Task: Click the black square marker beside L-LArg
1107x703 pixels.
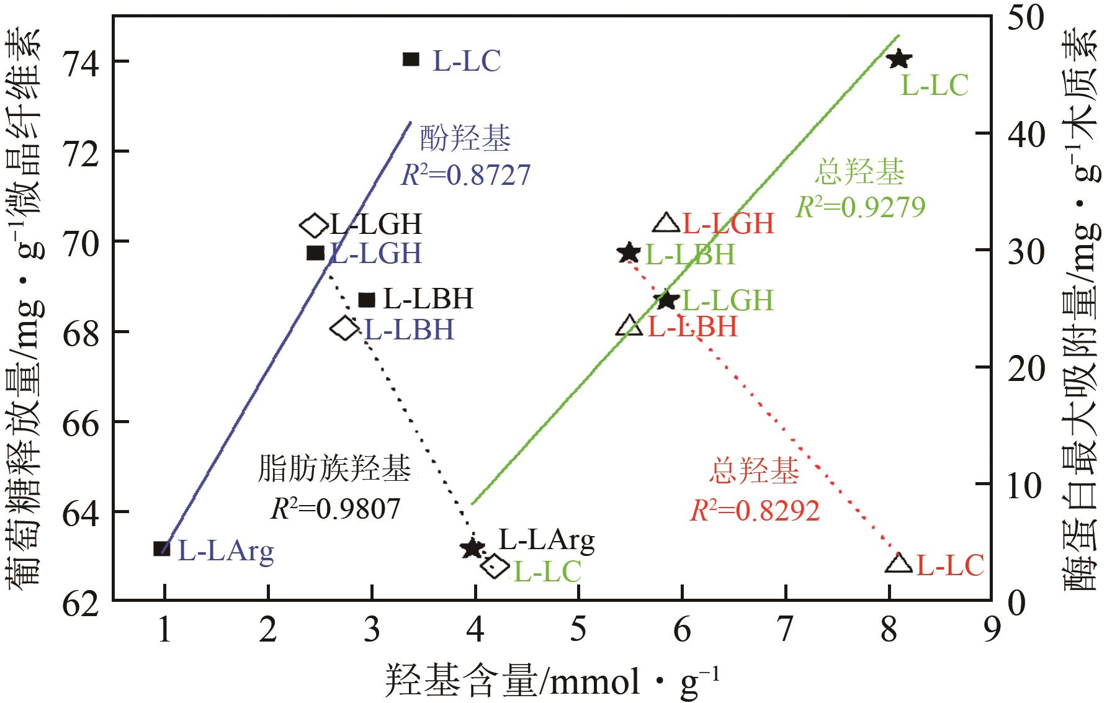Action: tap(162, 549)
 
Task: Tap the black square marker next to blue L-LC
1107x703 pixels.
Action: tap(411, 60)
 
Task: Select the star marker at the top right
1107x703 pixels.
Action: tap(899, 60)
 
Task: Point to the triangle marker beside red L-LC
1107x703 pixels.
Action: tap(899, 563)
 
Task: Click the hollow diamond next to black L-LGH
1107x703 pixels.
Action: tap(314, 225)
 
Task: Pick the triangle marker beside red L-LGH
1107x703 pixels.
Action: tap(667, 223)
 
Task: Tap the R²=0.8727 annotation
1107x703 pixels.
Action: tap(465, 176)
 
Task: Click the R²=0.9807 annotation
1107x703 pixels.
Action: tap(336, 509)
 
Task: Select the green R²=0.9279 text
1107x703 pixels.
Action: tap(860, 207)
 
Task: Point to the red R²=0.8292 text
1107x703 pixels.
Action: tap(755, 511)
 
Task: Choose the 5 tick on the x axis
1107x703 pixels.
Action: tap(578, 632)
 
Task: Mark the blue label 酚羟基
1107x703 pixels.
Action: tap(465, 139)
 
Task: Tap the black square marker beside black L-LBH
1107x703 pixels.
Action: tap(367, 300)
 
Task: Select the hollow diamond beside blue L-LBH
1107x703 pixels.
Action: tap(344, 328)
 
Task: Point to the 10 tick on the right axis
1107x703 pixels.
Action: tap(1026, 484)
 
